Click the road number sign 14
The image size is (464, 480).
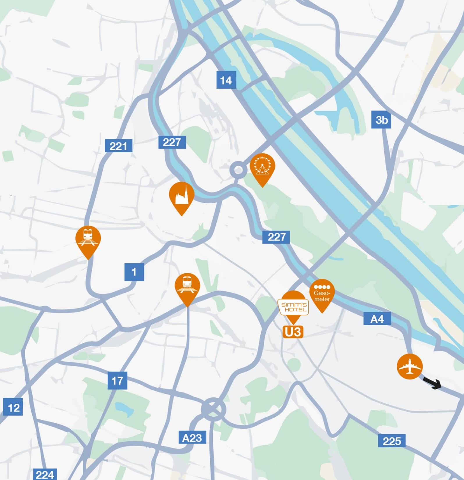(x=226, y=80)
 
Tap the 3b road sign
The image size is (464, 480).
(x=381, y=120)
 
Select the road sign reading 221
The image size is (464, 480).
(x=118, y=146)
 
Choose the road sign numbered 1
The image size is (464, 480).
(x=134, y=272)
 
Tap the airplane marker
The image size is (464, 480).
(x=410, y=366)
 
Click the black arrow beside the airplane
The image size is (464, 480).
(x=433, y=383)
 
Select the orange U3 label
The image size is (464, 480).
(x=293, y=332)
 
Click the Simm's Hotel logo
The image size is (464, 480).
(x=294, y=307)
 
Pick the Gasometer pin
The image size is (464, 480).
(x=322, y=294)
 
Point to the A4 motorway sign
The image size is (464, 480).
(x=377, y=319)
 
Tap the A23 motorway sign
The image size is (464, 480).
(x=192, y=438)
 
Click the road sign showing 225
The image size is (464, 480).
(x=392, y=441)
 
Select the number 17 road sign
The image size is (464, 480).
(x=117, y=381)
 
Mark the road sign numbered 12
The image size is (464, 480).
(x=13, y=407)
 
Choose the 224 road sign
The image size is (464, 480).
(x=45, y=474)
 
